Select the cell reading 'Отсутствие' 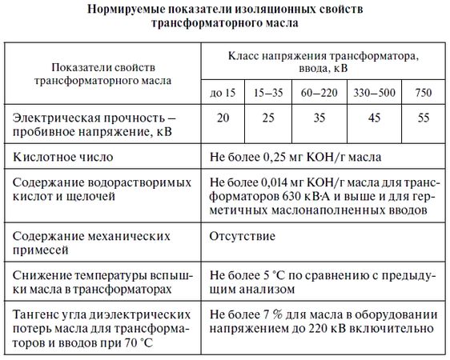click(x=242, y=238)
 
